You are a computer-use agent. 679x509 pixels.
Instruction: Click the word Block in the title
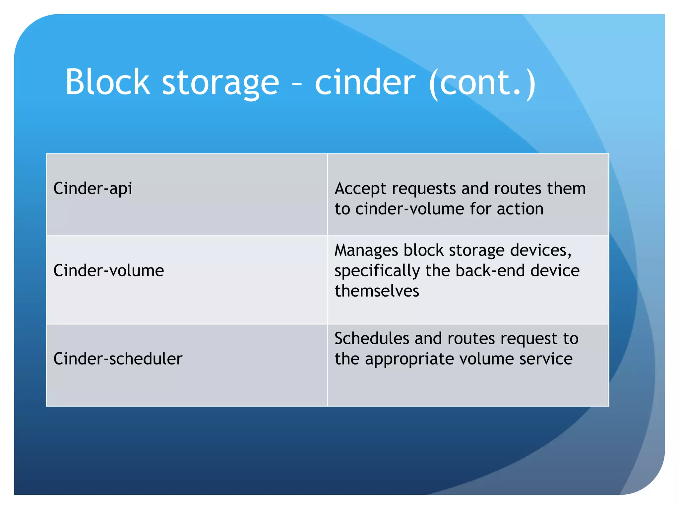108,82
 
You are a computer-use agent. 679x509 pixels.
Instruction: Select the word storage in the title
220,83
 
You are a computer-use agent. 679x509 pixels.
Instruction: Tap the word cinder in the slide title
365,82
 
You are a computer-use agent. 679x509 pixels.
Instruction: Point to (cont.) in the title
482,83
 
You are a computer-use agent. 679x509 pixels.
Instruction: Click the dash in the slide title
297,84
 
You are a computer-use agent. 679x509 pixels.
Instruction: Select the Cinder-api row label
93,189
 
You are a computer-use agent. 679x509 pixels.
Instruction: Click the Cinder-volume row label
109,270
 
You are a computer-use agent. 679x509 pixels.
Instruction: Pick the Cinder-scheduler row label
118,359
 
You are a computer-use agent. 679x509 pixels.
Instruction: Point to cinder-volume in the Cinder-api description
410,209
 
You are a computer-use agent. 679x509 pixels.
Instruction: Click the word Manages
366,251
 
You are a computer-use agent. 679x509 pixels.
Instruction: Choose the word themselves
377,291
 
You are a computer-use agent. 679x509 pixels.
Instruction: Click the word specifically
377,271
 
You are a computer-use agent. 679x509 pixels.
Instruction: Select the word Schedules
372,339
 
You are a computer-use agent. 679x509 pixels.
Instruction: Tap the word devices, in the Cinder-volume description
540,251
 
